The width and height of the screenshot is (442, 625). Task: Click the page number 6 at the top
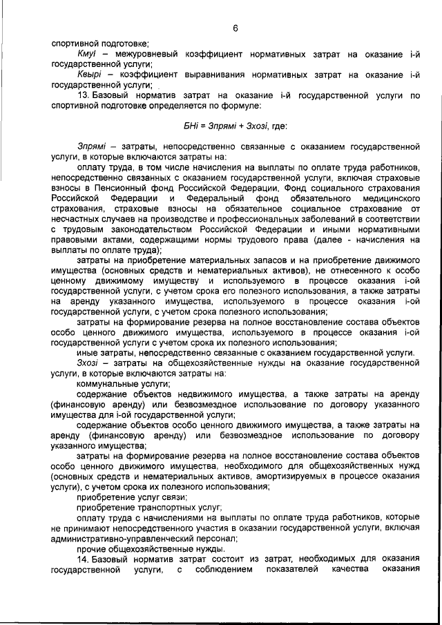(236, 28)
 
